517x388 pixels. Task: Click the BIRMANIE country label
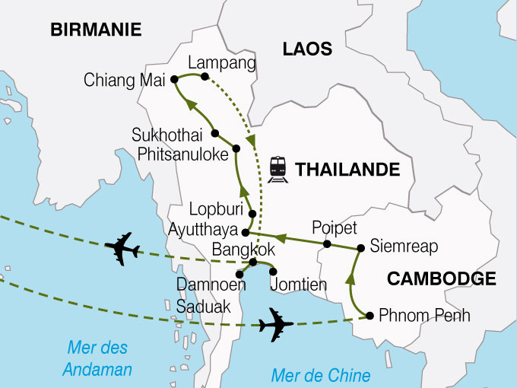point(96,30)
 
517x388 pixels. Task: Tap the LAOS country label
point(307,49)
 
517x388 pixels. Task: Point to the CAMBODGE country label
point(441,279)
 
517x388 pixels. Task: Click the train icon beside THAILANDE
point(278,169)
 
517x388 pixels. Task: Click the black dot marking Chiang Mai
point(174,78)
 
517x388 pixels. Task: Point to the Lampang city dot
point(205,75)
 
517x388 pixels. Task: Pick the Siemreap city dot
point(360,248)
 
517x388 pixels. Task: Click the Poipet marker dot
point(327,244)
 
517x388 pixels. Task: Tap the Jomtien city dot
point(273,272)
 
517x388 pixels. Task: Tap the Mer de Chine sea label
point(321,375)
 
